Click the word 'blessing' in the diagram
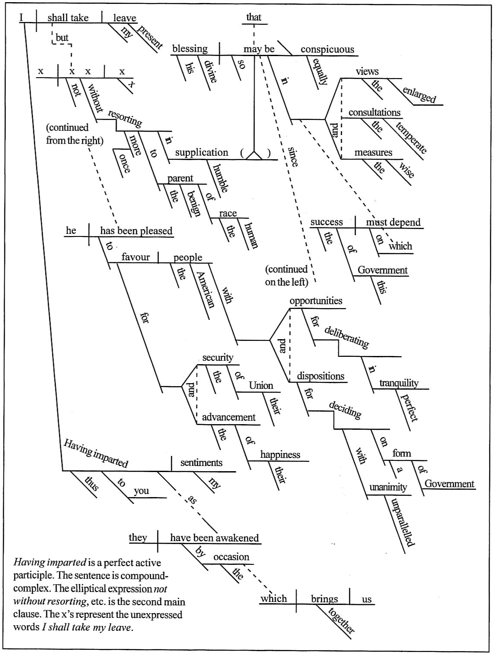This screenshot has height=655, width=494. click(190, 49)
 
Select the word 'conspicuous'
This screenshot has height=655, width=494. click(327, 50)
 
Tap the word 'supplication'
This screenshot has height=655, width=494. click(201, 153)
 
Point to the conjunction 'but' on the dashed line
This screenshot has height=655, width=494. click(62, 38)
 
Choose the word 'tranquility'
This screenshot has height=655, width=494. click(398, 383)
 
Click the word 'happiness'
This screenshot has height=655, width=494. click(280, 455)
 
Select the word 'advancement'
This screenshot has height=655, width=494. click(229, 418)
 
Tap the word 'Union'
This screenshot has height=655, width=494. click(261, 385)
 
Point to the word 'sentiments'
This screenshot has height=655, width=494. click(201, 463)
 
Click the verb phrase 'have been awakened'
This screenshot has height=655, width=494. click(214, 538)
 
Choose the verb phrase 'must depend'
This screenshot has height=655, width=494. click(393, 222)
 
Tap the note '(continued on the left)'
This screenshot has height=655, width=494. click(287, 276)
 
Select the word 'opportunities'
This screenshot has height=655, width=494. click(316, 301)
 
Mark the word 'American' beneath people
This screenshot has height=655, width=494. click(205, 290)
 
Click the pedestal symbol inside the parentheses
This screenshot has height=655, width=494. click(255, 154)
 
